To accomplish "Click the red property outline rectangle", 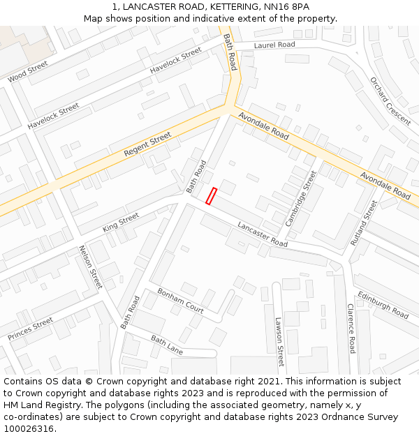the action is pyautogui.click(x=211, y=196).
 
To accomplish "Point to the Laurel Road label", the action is pyautogui.click(x=274, y=45).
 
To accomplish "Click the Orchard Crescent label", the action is pyautogui.click(x=390, y=100).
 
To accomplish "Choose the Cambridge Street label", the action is pyautogui.click(x=301, y=198).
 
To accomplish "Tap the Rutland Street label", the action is pyautogui.click(x=363, y=223).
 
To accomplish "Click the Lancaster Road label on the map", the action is pyautogui.click(x=263, y=234).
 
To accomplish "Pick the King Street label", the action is pyautogui.click(x=121, y=223).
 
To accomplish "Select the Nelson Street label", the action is pyautogui.click(x=91, y=267).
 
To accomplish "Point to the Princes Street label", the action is pyautogui.click(x=31, y=329).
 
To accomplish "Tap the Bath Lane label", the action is pyautogui.click(x=167, y=345).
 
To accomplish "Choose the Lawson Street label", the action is pyautogui.click(x=279, y=342).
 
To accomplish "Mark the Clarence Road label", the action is pyautogui.click(x=351, y=327).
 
